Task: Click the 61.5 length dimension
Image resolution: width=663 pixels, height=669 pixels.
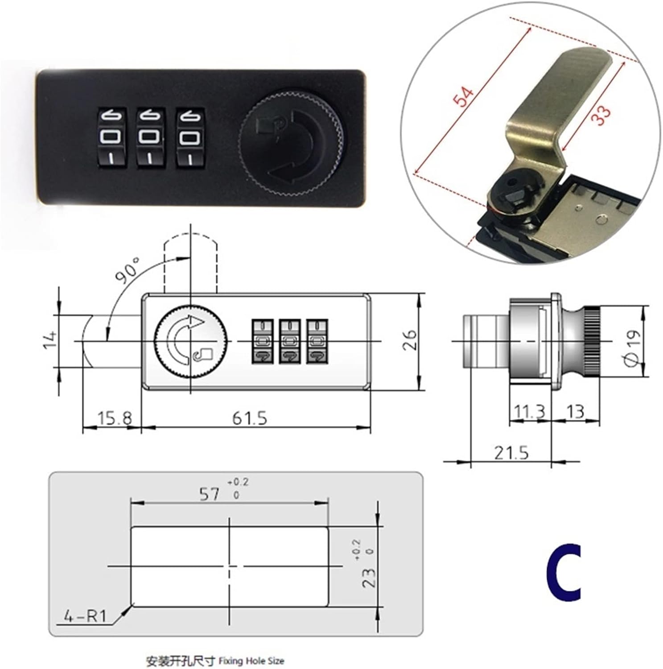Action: point(250,418)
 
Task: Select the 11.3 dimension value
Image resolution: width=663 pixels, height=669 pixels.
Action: point(529,411)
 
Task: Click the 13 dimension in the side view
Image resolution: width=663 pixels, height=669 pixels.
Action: point(575,411)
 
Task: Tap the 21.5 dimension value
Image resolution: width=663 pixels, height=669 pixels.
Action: point(511,453)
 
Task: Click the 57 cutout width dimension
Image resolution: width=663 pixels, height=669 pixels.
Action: point(210,494)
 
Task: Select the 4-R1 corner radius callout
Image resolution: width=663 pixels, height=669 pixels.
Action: point(85,617)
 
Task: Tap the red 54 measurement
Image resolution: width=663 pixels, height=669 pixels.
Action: point(463,97)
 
